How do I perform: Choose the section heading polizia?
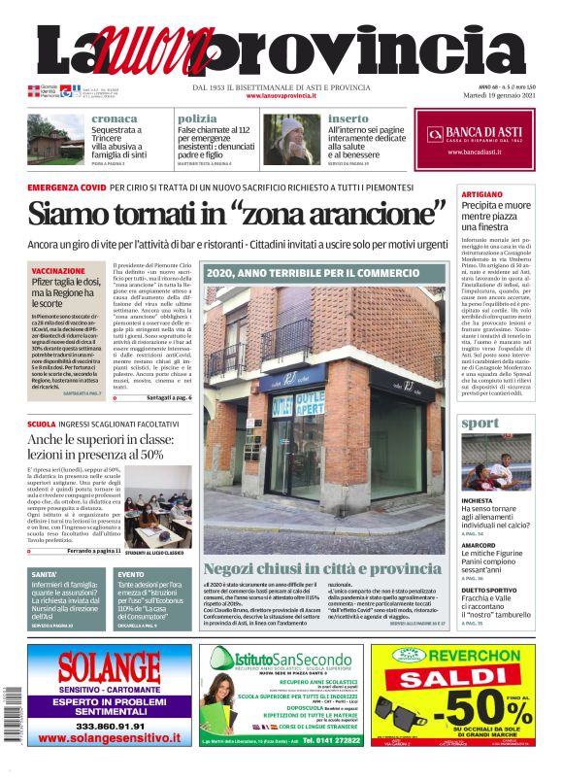coord(197,119)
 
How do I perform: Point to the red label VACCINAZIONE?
coord(58,271)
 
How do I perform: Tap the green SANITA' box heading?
coord(45,575)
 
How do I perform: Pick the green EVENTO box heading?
coord(131,575)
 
